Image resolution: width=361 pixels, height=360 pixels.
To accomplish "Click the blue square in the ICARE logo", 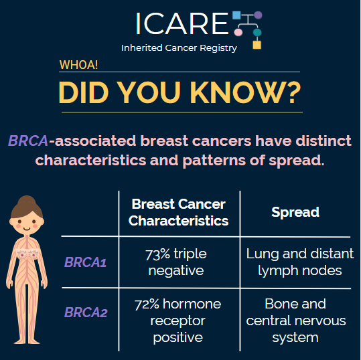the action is tap(236, 15).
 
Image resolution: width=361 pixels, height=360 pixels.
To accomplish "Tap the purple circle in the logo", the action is tap(258, 15).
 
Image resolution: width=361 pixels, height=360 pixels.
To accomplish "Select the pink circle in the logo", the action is tap(238, 32).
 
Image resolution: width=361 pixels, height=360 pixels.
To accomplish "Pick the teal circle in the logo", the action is tap(257, 32).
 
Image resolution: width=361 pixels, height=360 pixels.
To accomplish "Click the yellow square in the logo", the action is tap(257, 45).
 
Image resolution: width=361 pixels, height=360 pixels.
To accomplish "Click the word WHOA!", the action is tap(78, 65).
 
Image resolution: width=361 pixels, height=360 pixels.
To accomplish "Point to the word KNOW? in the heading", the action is tap(245, 92).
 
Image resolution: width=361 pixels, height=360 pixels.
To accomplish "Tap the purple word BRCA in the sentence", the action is tap(28, 141).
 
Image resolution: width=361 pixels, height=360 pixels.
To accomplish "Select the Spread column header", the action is tap(295, 212).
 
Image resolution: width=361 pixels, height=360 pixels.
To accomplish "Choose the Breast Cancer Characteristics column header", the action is tap(178, 212).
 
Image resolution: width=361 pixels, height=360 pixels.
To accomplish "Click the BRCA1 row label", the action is tap(85, 262).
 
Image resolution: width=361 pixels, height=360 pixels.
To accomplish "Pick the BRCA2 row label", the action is tap(86, 312).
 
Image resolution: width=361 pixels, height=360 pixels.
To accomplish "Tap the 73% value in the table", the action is tap(157, 254).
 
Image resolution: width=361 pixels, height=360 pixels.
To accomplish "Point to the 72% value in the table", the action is tap(147, 304).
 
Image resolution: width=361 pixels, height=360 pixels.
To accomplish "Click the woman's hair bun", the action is tap(27, 199).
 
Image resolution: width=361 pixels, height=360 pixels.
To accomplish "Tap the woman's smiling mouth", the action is tap(27, 229).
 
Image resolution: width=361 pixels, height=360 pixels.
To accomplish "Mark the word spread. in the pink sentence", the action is tap(297, 161).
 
